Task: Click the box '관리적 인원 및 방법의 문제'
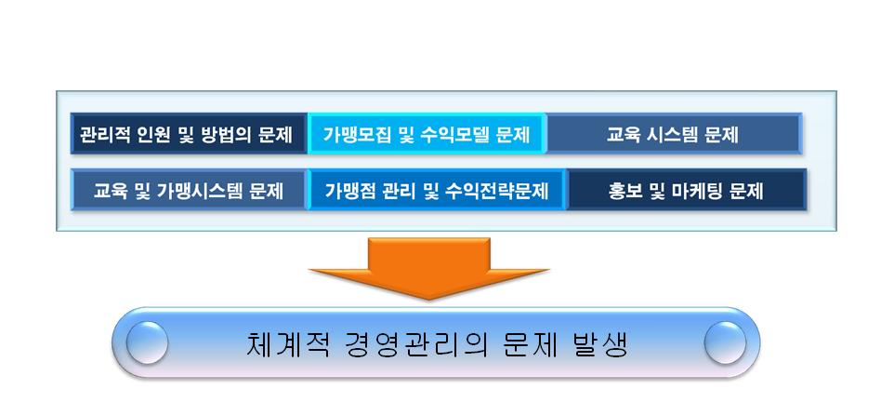point(189,134)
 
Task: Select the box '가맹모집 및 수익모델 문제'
point(427,134)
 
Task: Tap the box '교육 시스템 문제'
point(675,134)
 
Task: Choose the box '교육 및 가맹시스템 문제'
point(189,190)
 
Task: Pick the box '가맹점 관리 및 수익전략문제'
point(437,190)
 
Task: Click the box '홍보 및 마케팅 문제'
point(687,190)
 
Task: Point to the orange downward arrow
point(428,268)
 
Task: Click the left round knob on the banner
point(147,342)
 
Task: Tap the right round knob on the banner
point(725,342)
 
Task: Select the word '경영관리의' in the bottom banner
point(415,344)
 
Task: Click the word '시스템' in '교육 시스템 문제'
point(673,135)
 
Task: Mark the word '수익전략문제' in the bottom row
point(503,191)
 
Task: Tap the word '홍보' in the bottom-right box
point(624,191)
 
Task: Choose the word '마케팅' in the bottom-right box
point(695,191)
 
